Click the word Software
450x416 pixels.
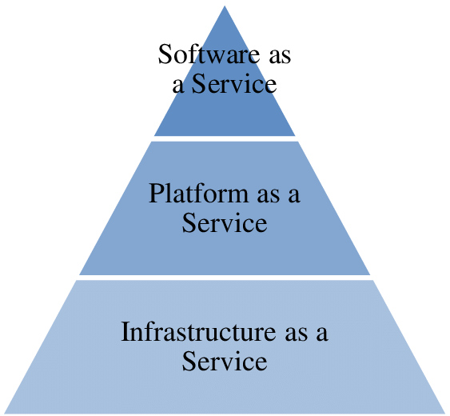(209, 54)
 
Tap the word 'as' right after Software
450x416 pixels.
(280, 56)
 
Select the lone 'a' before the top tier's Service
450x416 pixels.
(178, 86)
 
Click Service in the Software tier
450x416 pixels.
(234, 83)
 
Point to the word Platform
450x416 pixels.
(198, 193)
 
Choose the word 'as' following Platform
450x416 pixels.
(269, 195)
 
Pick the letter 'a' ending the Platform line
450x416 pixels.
(294, 196)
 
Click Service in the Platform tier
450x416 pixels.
(225, 222)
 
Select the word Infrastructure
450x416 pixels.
(198, 331)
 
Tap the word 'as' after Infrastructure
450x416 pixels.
(297, 334)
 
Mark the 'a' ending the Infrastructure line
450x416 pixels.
(322, 334)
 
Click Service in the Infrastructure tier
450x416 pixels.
(225, 361)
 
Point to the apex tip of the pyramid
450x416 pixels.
(225, 6)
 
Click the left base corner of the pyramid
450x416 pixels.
(5, 413)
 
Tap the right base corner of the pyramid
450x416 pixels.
(445, 413)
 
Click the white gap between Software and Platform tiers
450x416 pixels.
(225, 138)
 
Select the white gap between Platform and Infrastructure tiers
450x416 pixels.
(225, 278)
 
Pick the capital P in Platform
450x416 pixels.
(157, 193)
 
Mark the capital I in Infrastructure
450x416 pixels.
(125, 331)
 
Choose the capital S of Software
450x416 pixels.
(165, 54)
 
